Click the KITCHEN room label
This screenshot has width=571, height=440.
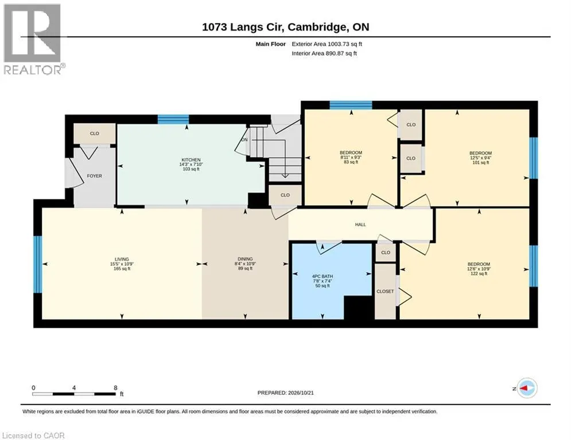click(191, 160)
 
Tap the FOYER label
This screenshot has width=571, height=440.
click(94, 176)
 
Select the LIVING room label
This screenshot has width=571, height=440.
click(122, 260)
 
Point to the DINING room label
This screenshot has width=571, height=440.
click(245, 260)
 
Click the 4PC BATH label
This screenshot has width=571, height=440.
click(323, 276)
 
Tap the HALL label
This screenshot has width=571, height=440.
click(360, 225)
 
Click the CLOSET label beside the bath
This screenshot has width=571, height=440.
click(385, 291)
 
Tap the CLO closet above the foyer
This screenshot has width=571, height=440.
click(94, 133)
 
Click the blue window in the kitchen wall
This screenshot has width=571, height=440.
click(173, 120)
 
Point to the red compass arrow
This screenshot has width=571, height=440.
click(524, 388)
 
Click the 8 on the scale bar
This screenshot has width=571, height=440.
click(116, 388)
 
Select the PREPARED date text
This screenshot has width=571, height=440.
click(286, 392)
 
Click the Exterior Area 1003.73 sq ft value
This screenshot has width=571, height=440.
click(327, 44)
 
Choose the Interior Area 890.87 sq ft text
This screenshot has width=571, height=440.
click(324, 53)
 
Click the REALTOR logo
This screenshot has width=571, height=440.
click(34, 40)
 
